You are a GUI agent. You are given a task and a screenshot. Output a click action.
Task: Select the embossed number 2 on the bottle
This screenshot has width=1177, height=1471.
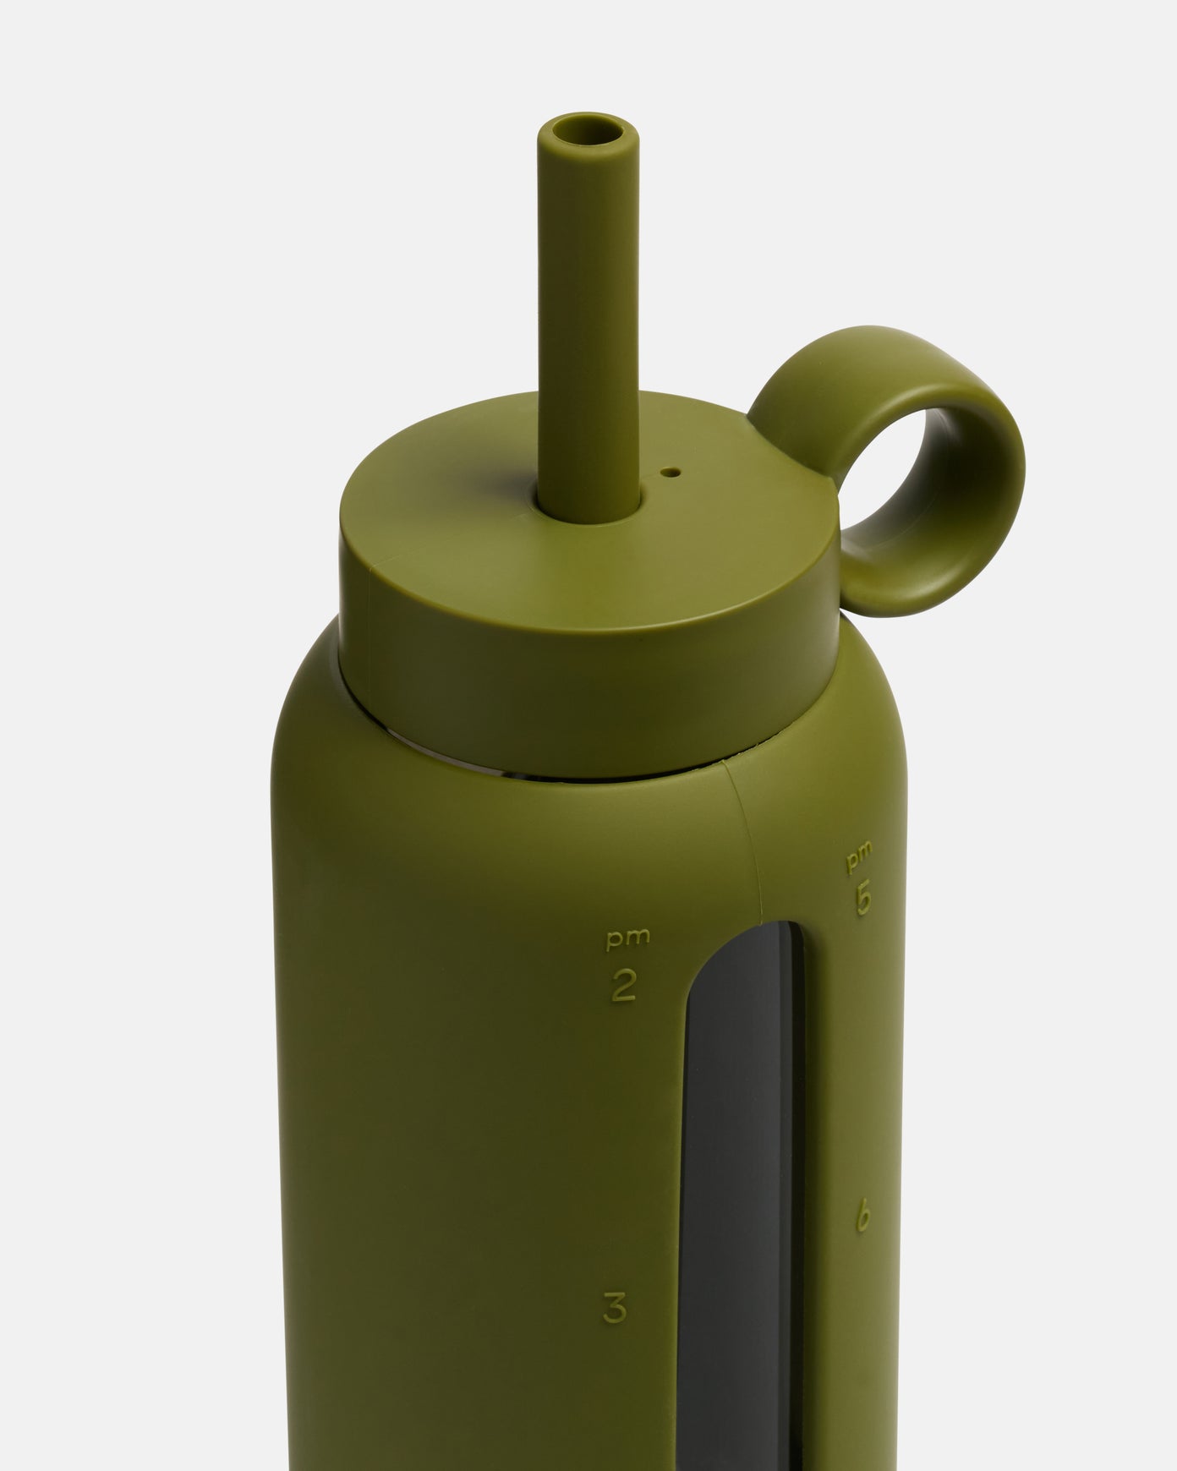(x=623, y=986)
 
